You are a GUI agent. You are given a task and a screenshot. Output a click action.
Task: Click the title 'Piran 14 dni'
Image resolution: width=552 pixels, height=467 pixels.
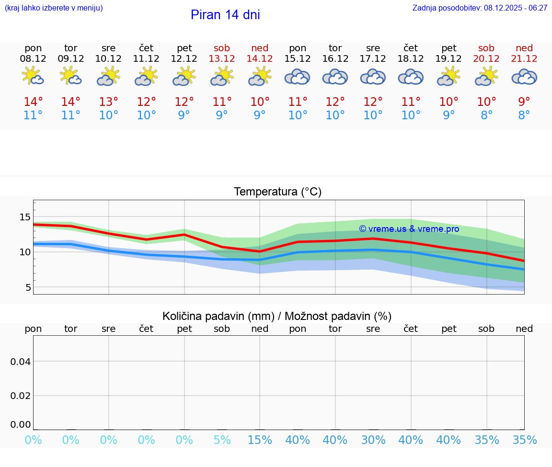point(225,15)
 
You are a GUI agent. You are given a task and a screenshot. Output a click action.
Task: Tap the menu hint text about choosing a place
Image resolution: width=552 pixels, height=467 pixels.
point(53,8)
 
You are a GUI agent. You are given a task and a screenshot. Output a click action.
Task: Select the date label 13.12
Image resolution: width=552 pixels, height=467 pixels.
point(222,58)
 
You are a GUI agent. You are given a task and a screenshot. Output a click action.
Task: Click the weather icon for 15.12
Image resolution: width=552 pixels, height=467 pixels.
point(298,77)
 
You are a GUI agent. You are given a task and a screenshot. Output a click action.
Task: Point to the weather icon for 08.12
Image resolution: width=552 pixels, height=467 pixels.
point(33,77)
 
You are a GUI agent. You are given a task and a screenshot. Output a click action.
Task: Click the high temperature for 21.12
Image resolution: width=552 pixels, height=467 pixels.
point(524,102)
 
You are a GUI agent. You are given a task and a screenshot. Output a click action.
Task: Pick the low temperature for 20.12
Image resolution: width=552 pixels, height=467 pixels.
point(487,115)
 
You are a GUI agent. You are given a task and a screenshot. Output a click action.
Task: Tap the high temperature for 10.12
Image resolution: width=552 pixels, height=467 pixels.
point(109,102)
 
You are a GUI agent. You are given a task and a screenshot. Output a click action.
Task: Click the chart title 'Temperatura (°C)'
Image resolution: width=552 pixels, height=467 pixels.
point(277,192)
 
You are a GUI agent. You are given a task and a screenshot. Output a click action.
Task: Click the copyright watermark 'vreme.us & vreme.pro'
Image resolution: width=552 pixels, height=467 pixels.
point(409,229)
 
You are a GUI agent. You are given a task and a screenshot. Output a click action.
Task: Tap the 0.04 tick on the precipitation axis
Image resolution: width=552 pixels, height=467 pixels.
point(21,362)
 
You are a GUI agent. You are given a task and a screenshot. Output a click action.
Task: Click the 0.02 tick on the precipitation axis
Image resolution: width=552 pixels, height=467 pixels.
point(21,396)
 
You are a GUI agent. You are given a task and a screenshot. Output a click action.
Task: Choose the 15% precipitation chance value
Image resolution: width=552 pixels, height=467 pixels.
point(260,440)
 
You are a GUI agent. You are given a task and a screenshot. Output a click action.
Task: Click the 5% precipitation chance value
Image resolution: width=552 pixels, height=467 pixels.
point(222,440)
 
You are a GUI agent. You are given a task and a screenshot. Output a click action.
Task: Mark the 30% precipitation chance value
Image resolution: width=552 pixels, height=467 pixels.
point(373,440)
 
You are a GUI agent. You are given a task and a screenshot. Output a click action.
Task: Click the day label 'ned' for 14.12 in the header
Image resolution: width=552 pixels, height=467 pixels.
point(260,48)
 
